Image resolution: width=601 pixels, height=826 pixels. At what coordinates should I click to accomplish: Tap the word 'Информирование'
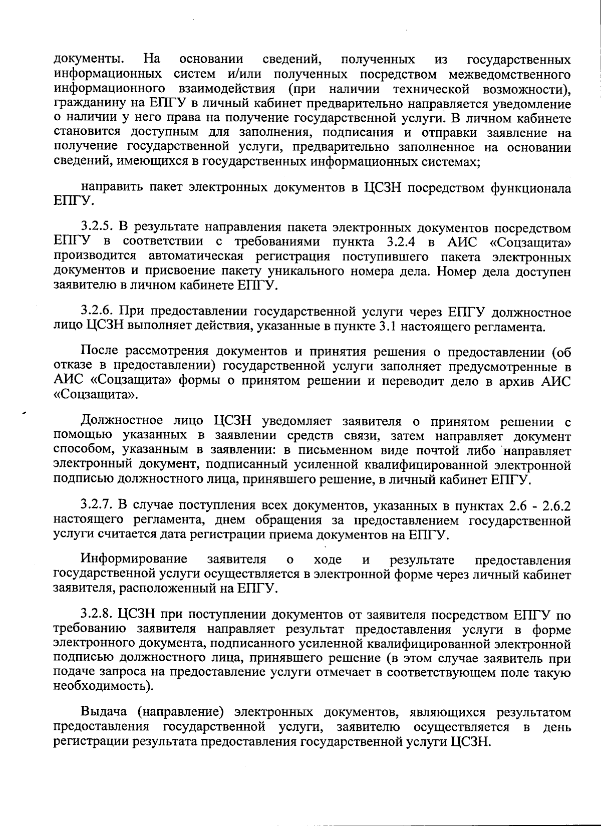[x=134, y=559]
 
